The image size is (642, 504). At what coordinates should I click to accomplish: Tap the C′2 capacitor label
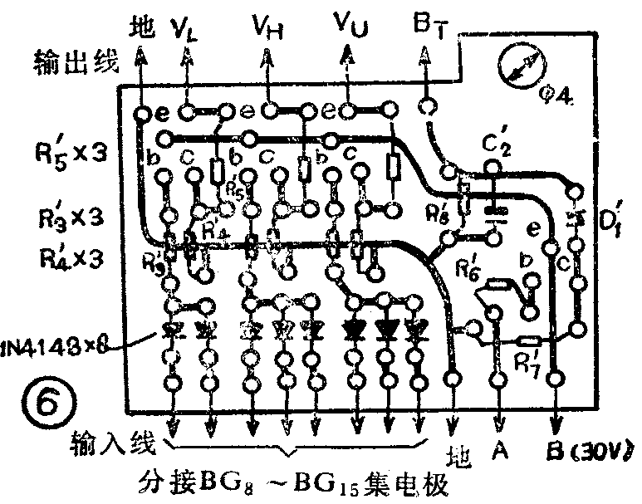click(x=499, y=145)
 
